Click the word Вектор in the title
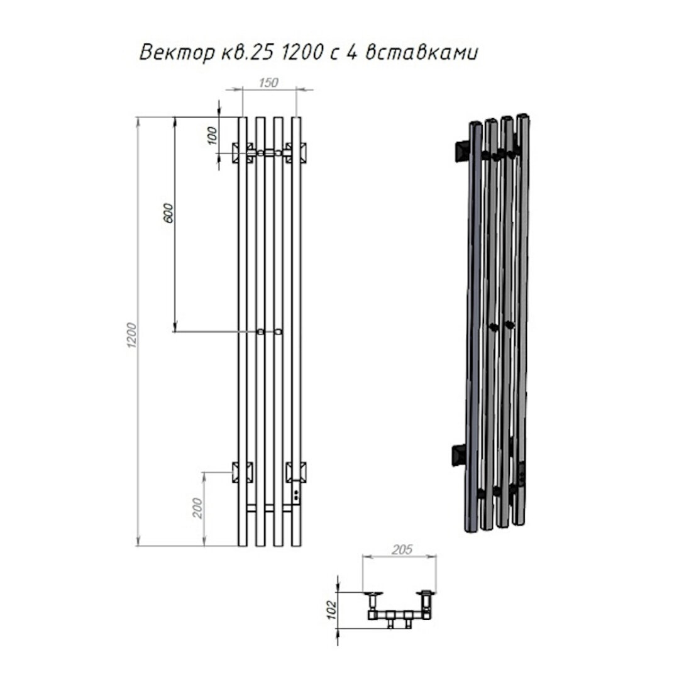coord(177,53)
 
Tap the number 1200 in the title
coord(302,52)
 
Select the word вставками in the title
coord(422,53)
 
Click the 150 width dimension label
coord(268,83)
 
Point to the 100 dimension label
coord(212,136)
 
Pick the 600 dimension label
coord(168,213)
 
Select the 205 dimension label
coord(402,549)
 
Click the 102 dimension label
coord(332,610)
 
